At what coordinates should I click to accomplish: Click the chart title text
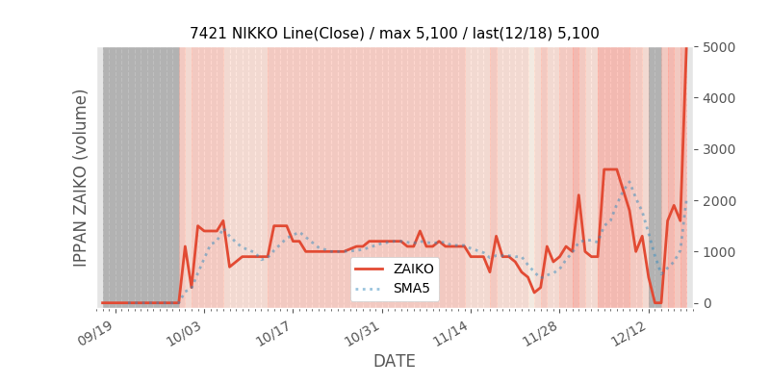(x=394, y=34)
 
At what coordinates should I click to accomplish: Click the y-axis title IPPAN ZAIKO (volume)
(x=81, y=178)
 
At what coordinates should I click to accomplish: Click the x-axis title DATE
(x=394, y=361)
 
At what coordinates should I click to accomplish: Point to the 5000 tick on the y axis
(x=720, y=47)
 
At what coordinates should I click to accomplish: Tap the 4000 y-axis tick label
(x=720, y=98)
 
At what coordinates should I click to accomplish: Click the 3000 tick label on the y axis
(x=720, y=149)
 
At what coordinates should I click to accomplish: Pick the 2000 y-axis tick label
(x=720, y=201)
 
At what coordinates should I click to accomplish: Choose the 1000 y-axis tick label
(x=720, y=252)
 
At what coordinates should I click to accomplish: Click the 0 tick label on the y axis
(x=707, y=303)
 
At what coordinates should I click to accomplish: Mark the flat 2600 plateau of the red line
(x=610, y=169)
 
